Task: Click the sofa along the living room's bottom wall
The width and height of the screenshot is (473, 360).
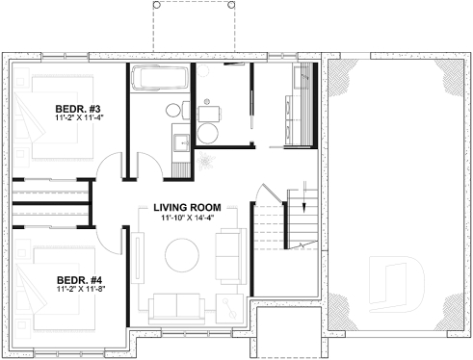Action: (178, 308)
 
